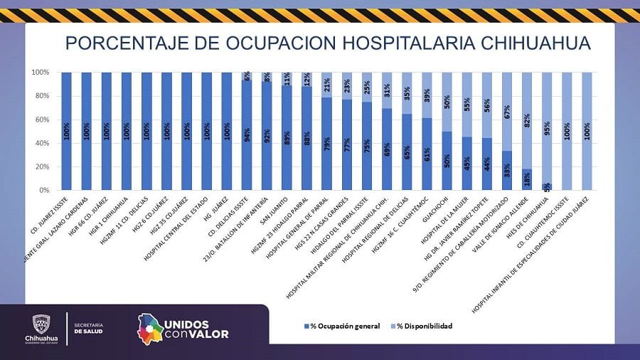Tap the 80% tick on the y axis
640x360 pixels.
click(40, 96)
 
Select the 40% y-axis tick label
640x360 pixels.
click(40, 143)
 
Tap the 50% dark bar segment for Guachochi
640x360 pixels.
click(447, 161)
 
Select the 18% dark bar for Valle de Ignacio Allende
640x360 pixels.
click(527, 179)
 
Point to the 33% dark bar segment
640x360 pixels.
click(507, 171)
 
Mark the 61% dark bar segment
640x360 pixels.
click(427, 154)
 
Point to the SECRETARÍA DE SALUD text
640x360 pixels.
click(88, 328)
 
